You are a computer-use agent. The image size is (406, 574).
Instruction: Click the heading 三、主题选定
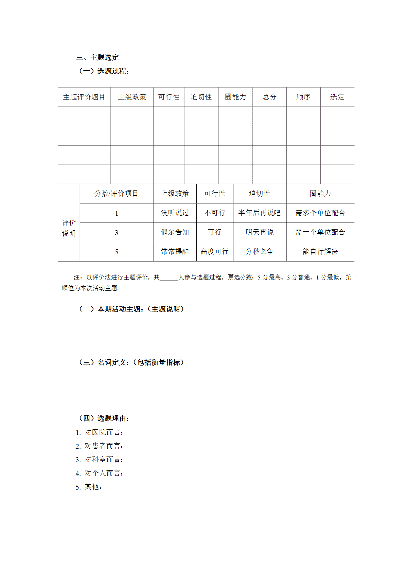(x=97, y=58)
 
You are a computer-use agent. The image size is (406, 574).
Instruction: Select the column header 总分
(x=269, y=97)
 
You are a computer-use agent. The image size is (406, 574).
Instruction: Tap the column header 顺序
(x=303, y=97)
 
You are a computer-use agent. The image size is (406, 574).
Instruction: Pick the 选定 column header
(x=337, y=97)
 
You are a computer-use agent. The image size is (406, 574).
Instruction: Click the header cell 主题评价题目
(x=84, y=97)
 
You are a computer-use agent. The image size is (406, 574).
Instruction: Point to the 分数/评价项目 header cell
(x=116, y=194)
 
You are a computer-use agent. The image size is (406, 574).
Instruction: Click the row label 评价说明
(x=69, y=228)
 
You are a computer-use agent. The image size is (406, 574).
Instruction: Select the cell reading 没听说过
(x=175, y=213)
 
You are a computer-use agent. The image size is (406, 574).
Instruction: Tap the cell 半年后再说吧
(x=259, y=213)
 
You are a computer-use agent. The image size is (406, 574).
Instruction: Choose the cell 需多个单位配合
(x=320, y=213)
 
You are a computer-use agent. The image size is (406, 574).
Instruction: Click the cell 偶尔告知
(x=175, y=232)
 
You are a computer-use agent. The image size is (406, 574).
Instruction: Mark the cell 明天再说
(x=259, y=232)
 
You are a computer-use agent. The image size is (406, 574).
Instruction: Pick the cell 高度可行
(x=215, y=252)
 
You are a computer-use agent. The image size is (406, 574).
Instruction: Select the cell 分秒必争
(x=259, y=252)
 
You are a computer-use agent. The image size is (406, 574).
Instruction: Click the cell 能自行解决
(x=320, y=252)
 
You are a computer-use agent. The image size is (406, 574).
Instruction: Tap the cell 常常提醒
(x=175, y=252)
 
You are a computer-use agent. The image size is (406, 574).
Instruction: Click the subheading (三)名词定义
(x=131, y=363)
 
